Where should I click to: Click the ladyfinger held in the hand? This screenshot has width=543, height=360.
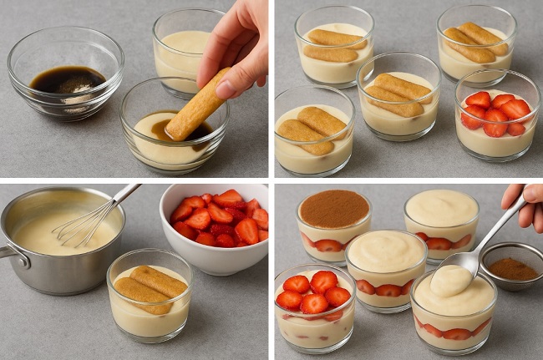point(196,107)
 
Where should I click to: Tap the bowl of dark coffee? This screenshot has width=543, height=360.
point(66,80)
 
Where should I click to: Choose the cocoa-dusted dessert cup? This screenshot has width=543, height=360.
point(333,221)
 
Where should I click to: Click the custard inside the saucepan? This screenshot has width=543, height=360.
point(50,234)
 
